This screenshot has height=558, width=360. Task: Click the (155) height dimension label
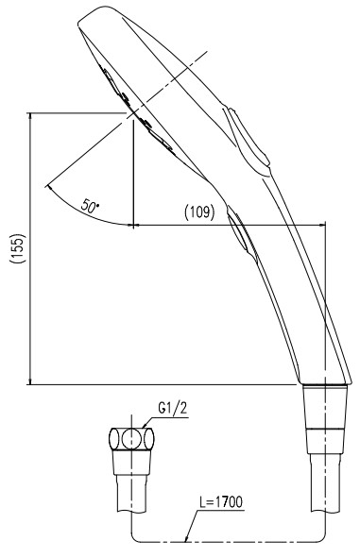tap(18, 248)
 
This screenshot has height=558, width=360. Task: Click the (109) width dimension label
tap(199, 212)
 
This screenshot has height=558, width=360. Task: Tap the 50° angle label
tap(90, 205)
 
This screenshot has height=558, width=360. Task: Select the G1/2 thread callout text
tap(172, 409)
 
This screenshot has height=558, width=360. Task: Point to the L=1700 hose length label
tap(221, 502)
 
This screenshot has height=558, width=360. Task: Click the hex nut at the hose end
tap(131, 439)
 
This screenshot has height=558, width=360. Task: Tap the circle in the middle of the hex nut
tap(131, 439)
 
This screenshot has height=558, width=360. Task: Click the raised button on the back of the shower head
tap(249, 137)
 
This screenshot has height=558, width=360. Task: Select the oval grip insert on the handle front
tap(241, 231)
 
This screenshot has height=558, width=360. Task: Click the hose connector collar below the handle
tap(325, 406)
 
